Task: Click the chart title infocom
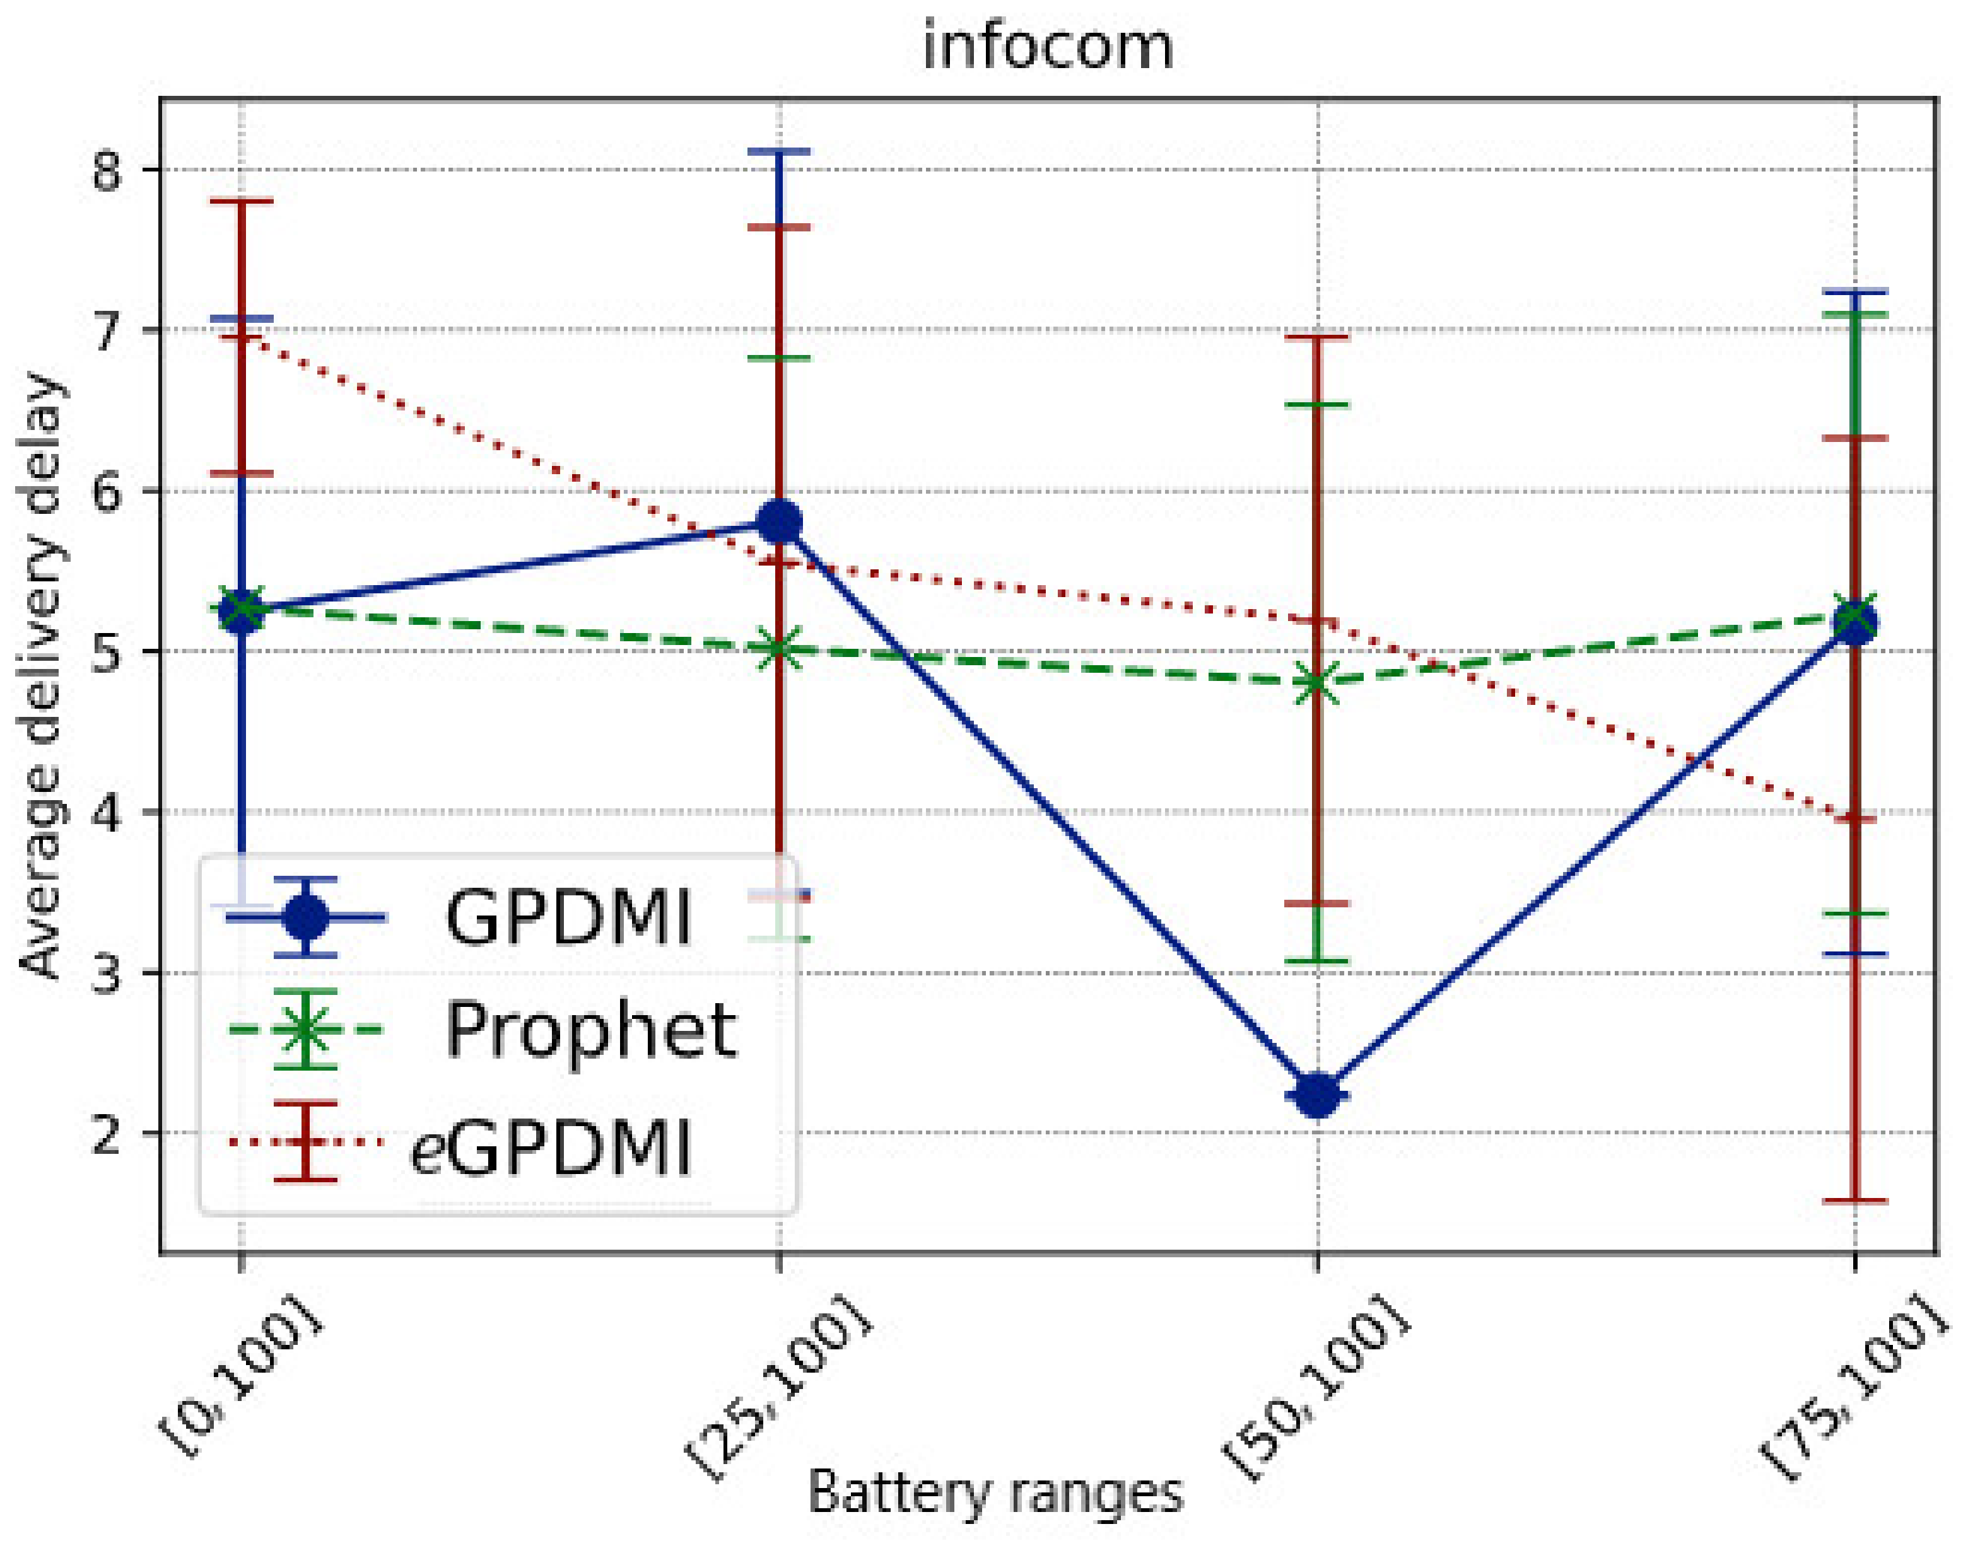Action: coord(1048,47)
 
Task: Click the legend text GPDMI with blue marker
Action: coord(568,917)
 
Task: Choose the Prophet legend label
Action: coord(591,1030)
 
